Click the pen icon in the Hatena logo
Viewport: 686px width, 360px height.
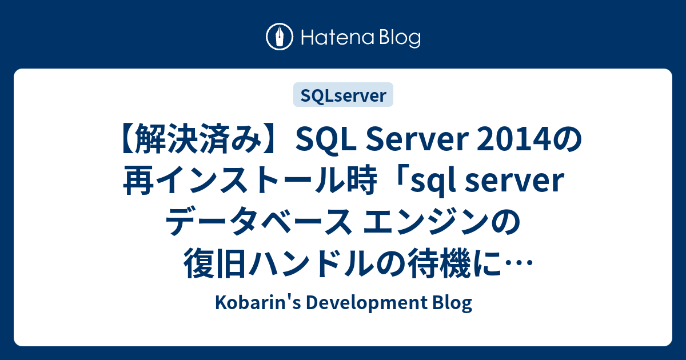[280, 37]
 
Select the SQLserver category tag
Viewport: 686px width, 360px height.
[343, 95]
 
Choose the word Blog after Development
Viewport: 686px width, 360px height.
[451, 303]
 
